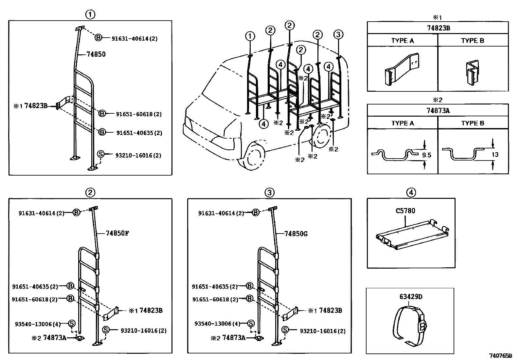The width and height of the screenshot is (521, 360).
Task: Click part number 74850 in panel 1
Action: click(x=96, y=54)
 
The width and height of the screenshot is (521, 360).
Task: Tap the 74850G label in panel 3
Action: click(x=296, y=234)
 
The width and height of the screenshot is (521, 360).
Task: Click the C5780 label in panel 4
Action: click(x=405, y=211)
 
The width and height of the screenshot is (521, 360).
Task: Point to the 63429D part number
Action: click(x=411, y=297)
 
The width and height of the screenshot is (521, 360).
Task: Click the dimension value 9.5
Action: click(x=426, y=155)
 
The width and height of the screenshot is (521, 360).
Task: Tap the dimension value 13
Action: click(x=495, y=154)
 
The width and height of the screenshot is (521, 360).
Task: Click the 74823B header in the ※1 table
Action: click(x=438, y=28)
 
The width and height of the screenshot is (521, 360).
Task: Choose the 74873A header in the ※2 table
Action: click(x=438, y=111)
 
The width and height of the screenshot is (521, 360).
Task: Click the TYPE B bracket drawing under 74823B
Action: click(x=472, y=72)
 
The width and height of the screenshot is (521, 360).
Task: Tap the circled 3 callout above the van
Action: click(x=339, y=34)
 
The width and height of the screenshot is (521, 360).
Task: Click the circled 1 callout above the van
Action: click(x=250, y=36)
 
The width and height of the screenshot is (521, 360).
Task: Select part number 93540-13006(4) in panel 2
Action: click(x=38, y=324)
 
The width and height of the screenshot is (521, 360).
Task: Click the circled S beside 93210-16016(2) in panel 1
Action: click(x=100, y=154)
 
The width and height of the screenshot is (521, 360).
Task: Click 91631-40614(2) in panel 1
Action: click(x=135, y=39)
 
